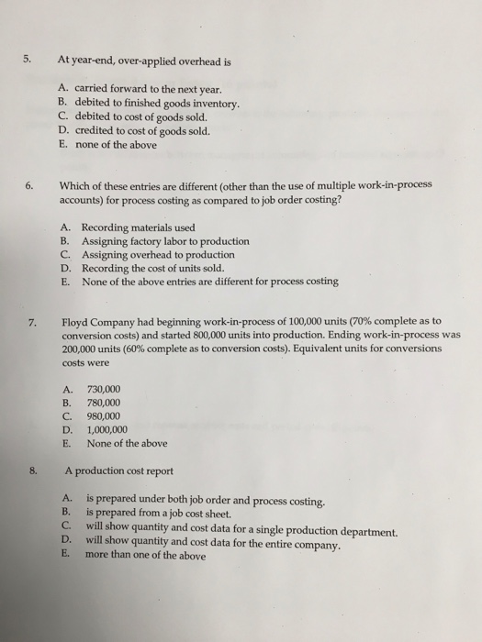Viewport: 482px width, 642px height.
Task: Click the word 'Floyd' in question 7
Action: click(75, 322)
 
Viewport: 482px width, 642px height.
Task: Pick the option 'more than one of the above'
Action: click(145, 555)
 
